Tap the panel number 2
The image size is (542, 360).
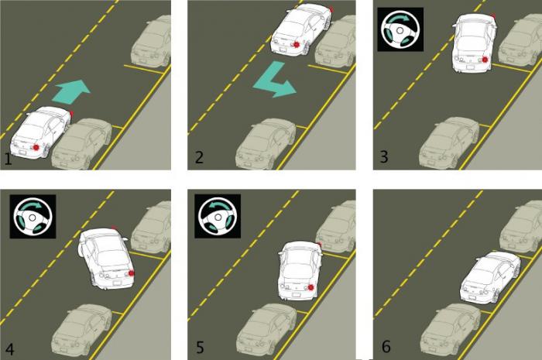[x=199, y=157]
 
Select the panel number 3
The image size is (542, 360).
[x=384, y=156]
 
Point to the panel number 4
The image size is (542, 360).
[x=9, y=349]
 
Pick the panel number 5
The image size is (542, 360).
[x=200, y=347]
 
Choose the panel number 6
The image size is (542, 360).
[x=386, y=347]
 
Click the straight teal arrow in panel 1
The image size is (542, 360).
[x=71, y=91]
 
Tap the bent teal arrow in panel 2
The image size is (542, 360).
[x=275, y=80]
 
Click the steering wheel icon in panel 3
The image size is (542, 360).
[x=400, y=29]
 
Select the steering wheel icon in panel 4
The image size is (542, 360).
[x=33, y=217]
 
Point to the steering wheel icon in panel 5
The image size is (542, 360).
[x=218, y=217]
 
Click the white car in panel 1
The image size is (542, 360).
[x=42, y=132]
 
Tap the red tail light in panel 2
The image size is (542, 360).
[x=297, y=44]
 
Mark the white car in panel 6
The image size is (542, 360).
[x=490, y=278]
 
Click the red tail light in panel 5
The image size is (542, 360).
[x=310, y=287]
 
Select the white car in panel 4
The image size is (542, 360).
[x=107, y=258]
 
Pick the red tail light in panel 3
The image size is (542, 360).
[x=485, y=60]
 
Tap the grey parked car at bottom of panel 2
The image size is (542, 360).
[x=266, y=144]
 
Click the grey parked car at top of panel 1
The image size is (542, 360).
[x=152, y=42]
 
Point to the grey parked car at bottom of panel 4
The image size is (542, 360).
[x=81, y=331]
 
